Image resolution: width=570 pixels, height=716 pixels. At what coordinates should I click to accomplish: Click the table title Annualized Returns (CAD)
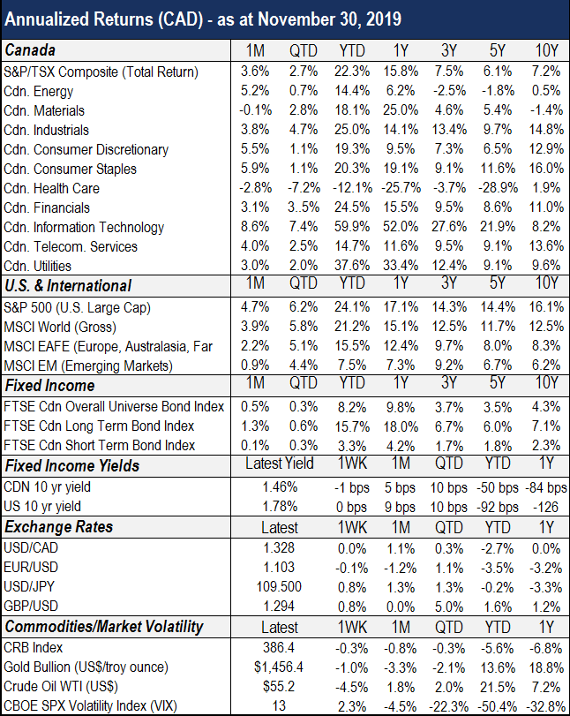click(x=103, y=20)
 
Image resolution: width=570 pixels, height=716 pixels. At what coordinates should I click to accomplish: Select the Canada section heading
click(x=30, y=50)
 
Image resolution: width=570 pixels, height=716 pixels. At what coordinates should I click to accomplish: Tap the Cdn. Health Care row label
click(x=51, y=189)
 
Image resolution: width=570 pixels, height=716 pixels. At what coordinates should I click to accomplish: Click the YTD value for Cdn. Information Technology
click(x=351, y=227)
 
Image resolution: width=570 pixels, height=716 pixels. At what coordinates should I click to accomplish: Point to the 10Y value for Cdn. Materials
click(x=544, y=110)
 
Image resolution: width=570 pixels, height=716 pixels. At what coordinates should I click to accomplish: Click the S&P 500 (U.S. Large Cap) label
click(x=77, y=308)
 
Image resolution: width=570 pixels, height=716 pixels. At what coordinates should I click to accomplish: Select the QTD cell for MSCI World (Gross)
click(x=303, y=327)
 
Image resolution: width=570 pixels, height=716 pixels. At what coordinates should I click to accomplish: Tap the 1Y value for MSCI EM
click(x=401, y=366)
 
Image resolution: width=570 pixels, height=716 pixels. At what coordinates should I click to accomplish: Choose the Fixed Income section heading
click(x=49, y=386)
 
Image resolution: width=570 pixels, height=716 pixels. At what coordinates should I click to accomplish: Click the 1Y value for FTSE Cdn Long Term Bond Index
click(x=400, y=426)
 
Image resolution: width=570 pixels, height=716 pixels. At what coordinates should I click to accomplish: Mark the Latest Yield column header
click(x=280, y=464)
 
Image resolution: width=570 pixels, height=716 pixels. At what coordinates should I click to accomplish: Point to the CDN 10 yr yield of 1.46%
click(x=280, y=487)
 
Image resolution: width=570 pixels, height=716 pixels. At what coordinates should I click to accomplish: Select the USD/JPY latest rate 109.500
click(x=280, y=586)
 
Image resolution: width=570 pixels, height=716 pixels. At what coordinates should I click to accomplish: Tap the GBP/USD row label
click(x=31, y=606)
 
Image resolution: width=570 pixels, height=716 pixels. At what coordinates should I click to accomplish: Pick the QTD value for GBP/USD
click(x=449, y=607)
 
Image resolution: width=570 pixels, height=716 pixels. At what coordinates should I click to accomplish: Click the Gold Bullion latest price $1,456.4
click(x=279, y=667)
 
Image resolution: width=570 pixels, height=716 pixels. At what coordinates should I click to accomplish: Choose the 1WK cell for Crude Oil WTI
click(x=351, y=687)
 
